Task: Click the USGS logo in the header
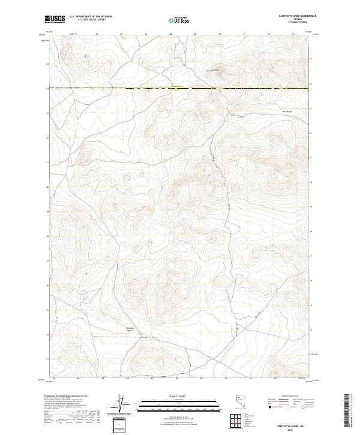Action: click(55, 19)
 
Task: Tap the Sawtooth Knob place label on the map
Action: click(214, 70)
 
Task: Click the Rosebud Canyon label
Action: click(131, 329)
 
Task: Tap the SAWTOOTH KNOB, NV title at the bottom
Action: click(293, 422)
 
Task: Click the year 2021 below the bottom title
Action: click(293, 428)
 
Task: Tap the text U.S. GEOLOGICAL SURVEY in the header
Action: click(91, 20)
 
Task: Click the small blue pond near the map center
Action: click(185, 221)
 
